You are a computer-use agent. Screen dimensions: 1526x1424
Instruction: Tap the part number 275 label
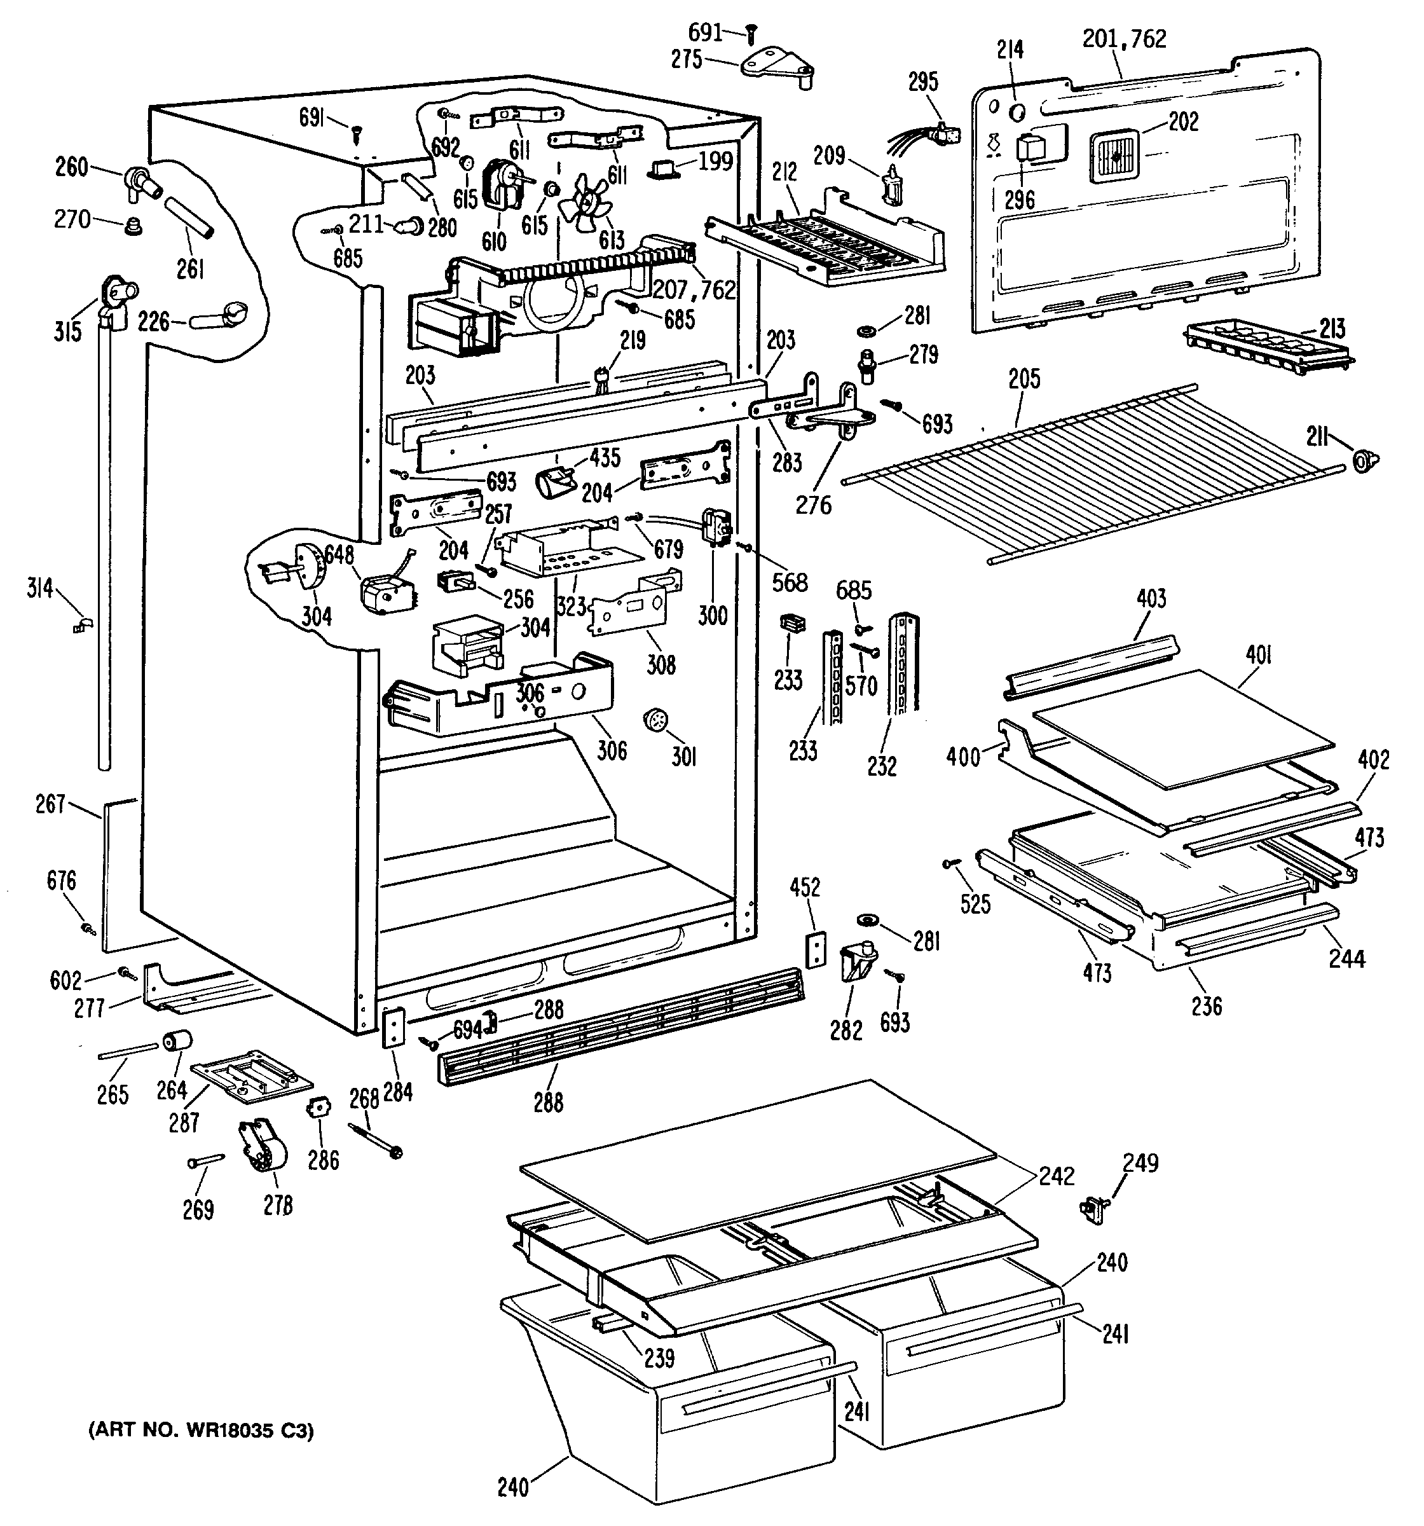687,60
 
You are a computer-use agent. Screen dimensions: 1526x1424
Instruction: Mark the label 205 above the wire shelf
1025,379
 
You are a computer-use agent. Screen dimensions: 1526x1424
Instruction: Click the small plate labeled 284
392,1028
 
